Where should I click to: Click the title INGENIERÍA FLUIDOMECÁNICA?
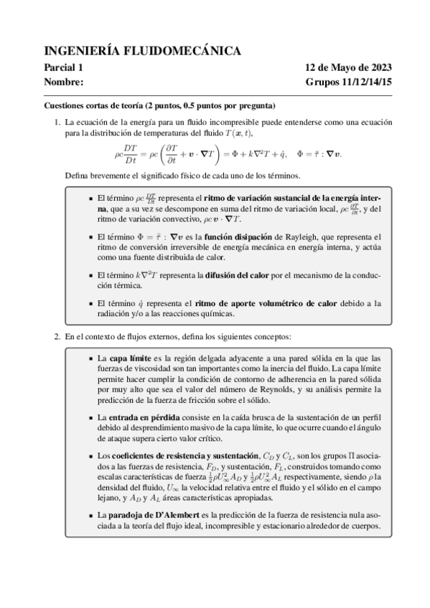click(142, 50)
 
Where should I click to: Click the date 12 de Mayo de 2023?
click(348, 68)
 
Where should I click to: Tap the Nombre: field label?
click(65, 82)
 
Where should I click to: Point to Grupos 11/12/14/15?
click(348, 82)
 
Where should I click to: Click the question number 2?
click(57, 336)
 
